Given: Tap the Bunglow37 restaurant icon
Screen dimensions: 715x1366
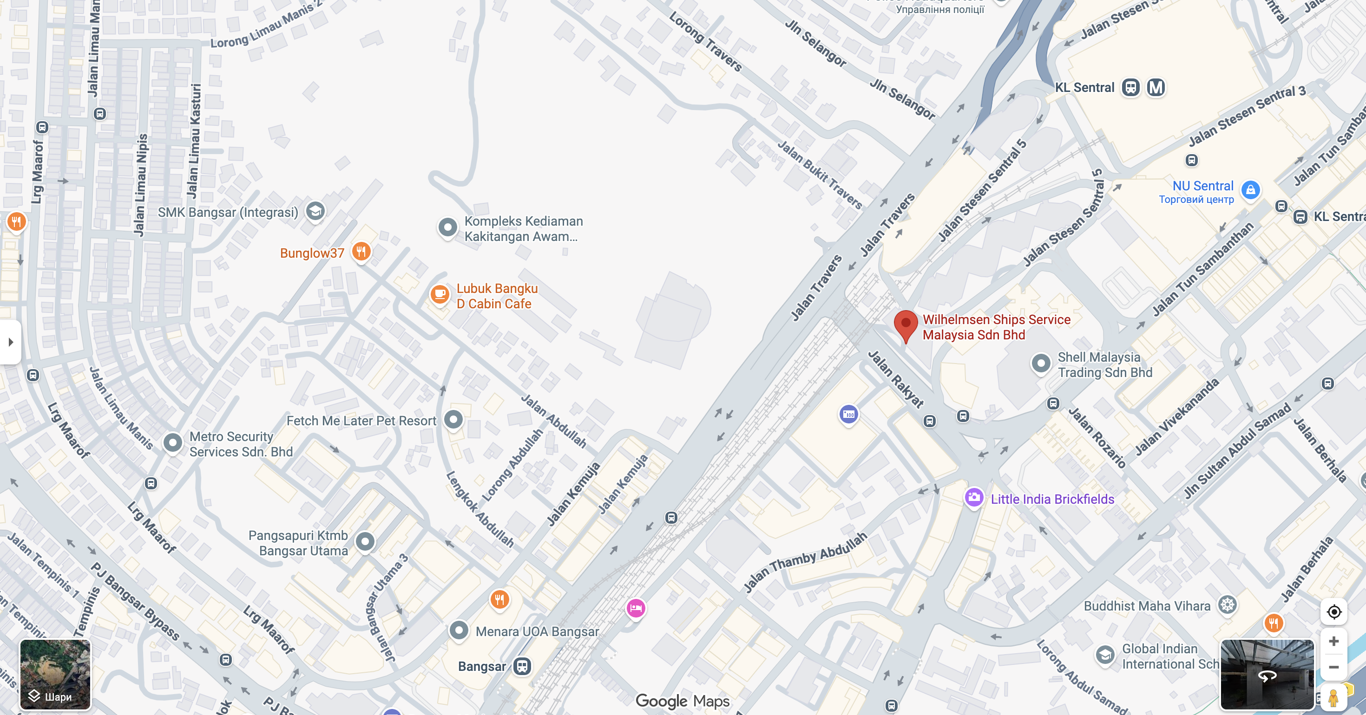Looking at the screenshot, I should tap(361, 251).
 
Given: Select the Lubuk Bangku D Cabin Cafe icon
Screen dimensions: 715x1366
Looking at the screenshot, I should tap(440, 293).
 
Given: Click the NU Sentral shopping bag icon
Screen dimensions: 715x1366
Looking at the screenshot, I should tap(1250, 189).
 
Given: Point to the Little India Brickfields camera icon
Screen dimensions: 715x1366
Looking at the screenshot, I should tap(973, 498).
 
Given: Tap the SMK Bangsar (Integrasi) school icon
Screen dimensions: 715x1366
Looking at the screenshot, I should tap(315, 211).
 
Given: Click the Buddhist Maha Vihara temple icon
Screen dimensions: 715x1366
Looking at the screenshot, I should tap(1227, 605).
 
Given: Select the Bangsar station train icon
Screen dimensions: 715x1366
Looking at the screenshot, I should tap(522, 666).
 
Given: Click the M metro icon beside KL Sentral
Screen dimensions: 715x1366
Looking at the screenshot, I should tap(1156, 87).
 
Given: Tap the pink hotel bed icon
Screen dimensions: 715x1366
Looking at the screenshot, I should tap(635, 608).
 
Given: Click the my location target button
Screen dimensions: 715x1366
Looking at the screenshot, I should tap(1333, 611).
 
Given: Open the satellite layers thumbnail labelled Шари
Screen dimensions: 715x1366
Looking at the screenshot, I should tap(55, 674).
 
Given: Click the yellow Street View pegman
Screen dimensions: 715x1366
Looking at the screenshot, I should tap(1333, 697).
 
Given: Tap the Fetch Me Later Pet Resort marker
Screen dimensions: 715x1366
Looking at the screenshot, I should tap(453, 420).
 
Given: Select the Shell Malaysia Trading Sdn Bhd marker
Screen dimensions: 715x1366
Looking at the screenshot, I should tap(1041, 364).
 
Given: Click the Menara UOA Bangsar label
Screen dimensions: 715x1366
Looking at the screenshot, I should tap(537, 631).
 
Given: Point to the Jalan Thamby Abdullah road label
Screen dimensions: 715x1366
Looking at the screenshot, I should tap(804, 561).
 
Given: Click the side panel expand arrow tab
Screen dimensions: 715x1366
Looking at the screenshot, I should tap(11, 342).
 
